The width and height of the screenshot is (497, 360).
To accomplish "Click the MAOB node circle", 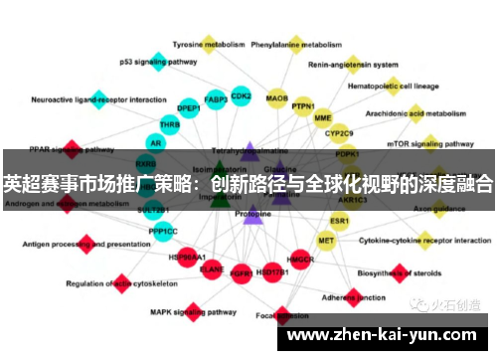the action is pyautogui.click(x=277, y=99).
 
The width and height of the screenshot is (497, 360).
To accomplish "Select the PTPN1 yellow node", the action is pyautogui.click(x=303, y=106).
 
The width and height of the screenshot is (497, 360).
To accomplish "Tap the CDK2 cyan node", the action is pyautogui.click(x=241, y=96).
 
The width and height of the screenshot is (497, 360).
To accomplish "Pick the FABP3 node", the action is pyautogui.click(x=216, y=99).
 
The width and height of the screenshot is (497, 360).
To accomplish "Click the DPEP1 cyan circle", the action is pyautogui.click(x=188, y=108).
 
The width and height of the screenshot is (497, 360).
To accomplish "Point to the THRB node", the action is pyautogui.click(x=170, y=126).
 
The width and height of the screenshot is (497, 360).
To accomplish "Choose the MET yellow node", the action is pyautogui.click(x=326, y=241).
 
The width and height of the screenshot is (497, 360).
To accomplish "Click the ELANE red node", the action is pyautogui.click(x=212, y=269).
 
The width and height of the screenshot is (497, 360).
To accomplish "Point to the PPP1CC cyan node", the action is pyautogui.click(x=163, y=231).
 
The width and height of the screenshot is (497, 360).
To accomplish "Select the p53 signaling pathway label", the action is pyautogui.click(x=158, y=62).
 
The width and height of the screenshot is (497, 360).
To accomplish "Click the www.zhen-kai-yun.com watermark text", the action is pyautogui.click(x=388, y=335).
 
